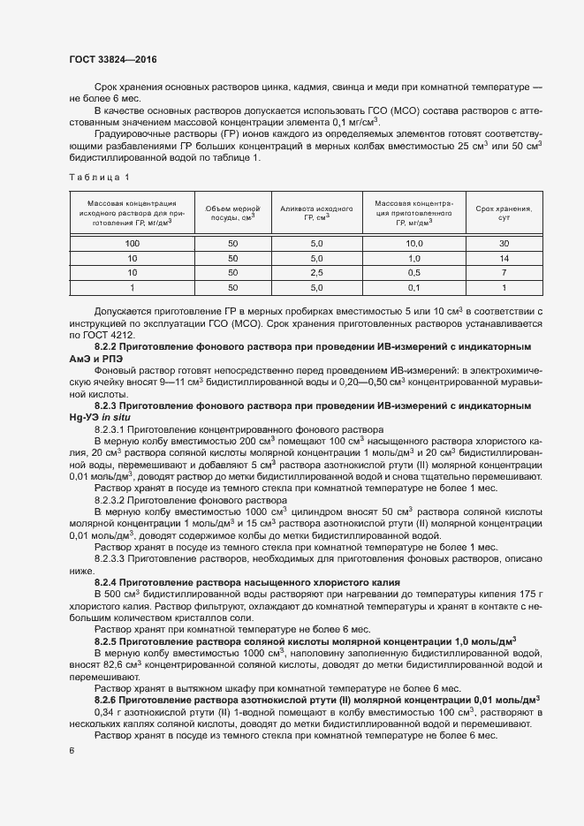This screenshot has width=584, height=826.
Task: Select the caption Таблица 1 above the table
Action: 99,178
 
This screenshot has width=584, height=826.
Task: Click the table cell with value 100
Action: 132,242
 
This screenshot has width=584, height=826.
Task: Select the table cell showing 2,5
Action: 315,272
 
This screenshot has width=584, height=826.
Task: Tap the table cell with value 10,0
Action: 413,242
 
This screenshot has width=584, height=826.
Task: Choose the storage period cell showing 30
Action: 504,242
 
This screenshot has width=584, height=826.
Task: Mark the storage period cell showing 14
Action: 504,257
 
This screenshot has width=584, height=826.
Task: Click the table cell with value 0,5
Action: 413,272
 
